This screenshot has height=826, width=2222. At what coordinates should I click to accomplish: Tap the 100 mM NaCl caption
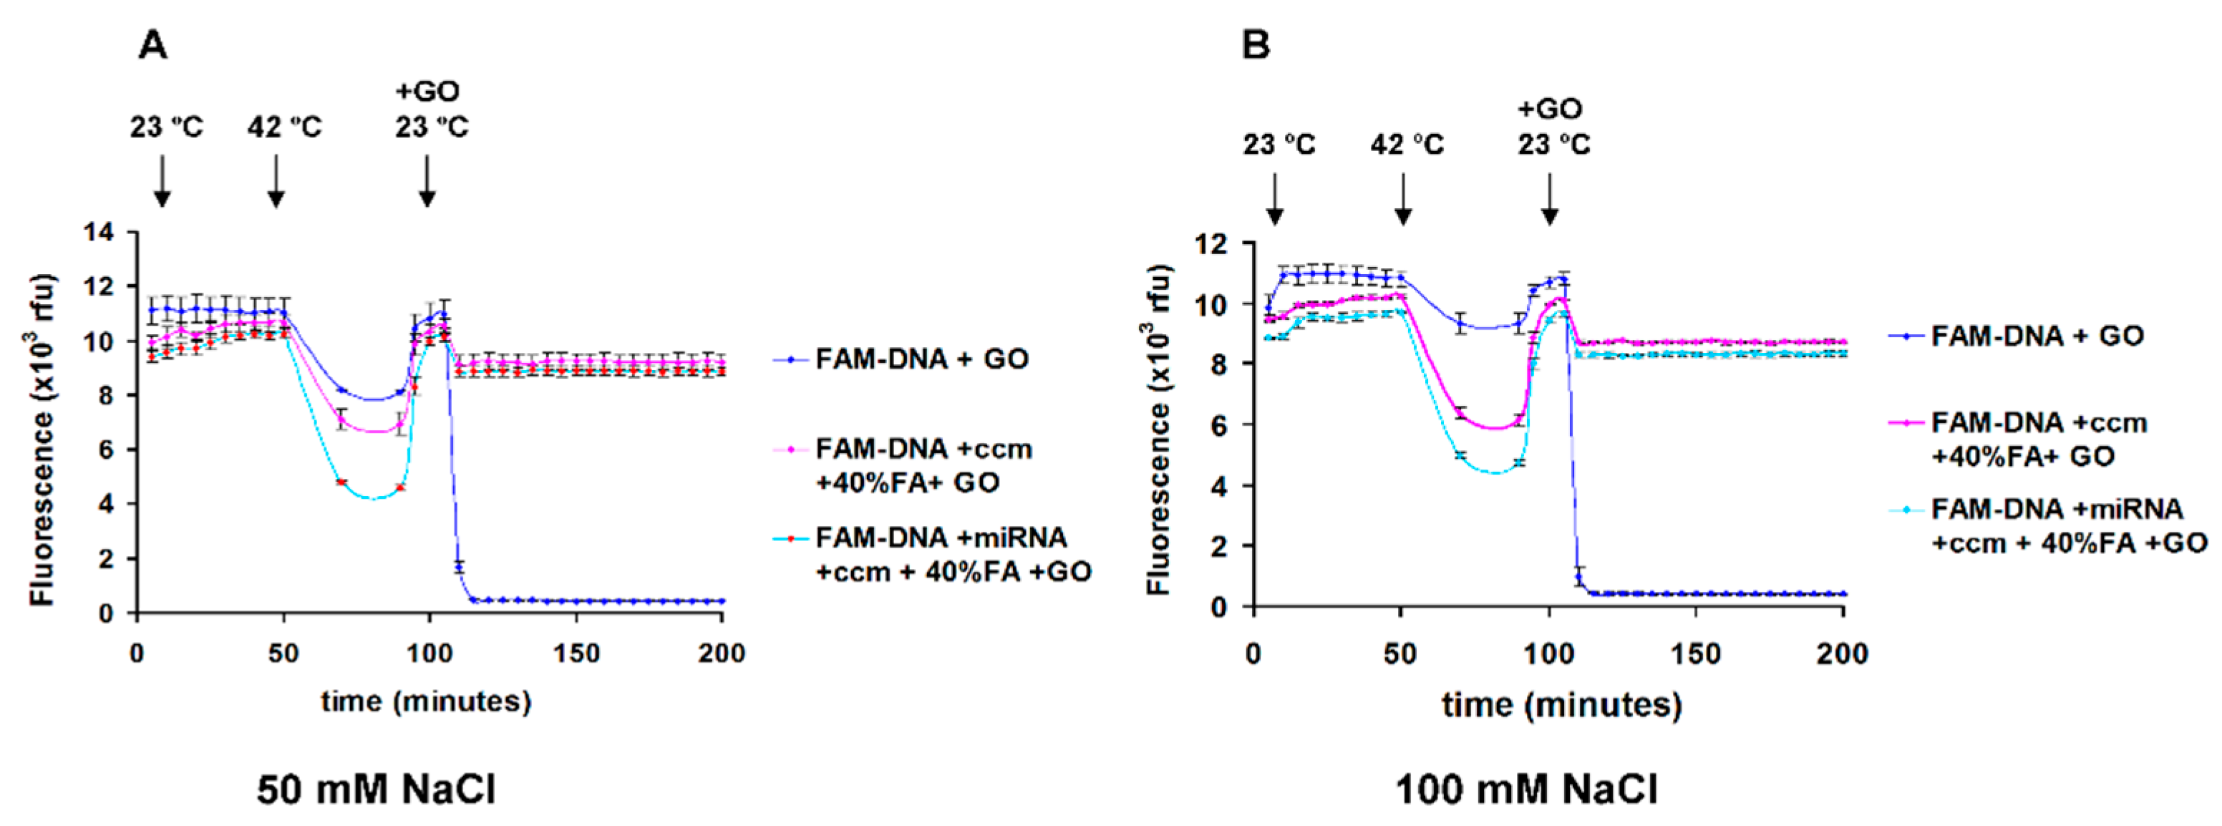pyautogui.click(x=1526, y=789)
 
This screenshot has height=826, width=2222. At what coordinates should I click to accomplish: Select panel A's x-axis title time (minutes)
pyautogui.click(x=426, y=701)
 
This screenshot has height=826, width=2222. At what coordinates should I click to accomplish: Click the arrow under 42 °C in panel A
pyautogui.click(x=276, y=181)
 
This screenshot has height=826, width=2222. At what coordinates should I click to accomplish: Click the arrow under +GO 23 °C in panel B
pyautogui.click(x=1549, y=199)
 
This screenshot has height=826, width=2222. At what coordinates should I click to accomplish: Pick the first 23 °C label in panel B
pyautogui.click(x=1279, y=144)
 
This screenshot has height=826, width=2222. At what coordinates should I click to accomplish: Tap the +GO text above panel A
pyautogui.click(x=428, y=90)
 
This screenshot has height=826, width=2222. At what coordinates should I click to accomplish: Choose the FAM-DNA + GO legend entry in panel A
pyautogui.click(x=921, y=359)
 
